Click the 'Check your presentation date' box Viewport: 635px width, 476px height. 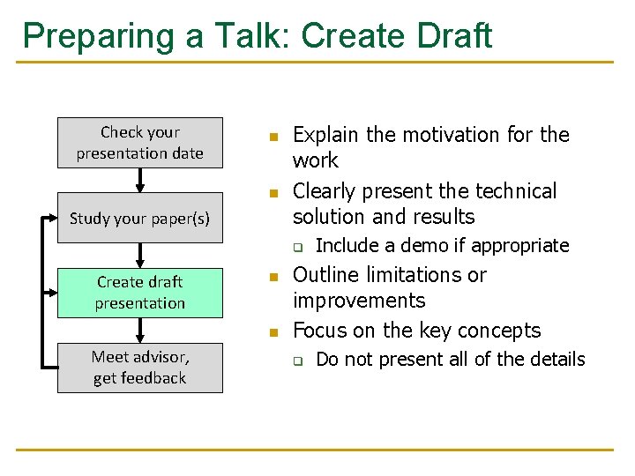[139, 143]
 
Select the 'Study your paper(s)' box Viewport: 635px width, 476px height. [139, 218]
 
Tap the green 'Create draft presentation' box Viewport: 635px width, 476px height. [139, 293]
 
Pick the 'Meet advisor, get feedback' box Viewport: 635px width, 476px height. [139, 368]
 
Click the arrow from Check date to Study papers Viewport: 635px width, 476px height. [139, 180]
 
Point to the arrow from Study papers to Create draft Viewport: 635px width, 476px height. [139, 255]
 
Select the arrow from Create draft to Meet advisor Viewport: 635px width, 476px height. [139, 330]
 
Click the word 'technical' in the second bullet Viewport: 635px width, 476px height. [513, 191]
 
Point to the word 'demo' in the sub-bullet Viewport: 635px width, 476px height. [412, 245]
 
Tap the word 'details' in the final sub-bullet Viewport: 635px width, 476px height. [553, 359]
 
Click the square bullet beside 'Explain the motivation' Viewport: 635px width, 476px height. [273, 138]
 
